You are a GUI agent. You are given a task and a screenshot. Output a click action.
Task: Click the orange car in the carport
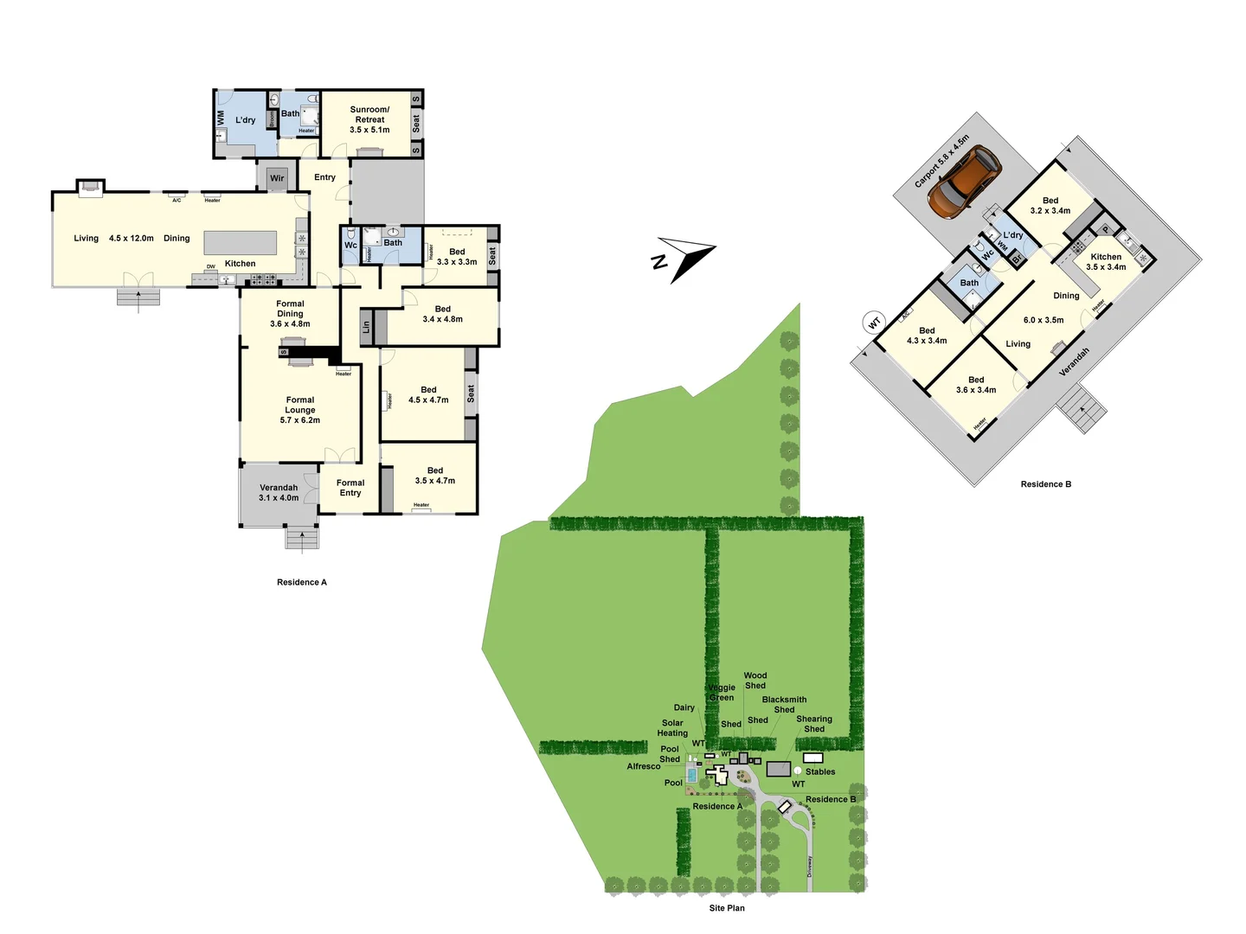pos(964,182)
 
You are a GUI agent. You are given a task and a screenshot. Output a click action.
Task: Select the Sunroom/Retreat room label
pos(369,119)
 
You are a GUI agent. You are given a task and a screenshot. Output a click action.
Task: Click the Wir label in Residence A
pos(277,178)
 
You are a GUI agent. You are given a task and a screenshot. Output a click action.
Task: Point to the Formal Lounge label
pos(300,410)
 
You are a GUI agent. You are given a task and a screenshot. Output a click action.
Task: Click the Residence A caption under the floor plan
pos(302,582)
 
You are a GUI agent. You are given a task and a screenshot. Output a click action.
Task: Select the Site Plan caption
pos(727,908)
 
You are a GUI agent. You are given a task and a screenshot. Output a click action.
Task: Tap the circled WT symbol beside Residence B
pos(874,323)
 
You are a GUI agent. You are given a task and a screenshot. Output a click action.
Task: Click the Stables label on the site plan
pos(820,771)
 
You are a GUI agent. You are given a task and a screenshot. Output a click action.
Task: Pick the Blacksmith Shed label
pos(784,705)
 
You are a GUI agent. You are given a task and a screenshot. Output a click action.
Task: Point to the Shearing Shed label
pos(814,724)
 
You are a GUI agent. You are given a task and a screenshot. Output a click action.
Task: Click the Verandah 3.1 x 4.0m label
pos(279,492)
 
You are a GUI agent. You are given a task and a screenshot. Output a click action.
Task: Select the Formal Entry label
pos(350,488)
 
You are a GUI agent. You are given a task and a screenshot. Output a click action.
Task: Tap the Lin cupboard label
pos(366,327)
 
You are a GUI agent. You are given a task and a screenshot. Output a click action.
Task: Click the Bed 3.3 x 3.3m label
pos(457,257)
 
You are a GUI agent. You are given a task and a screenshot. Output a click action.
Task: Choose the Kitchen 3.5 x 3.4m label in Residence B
pos(1106,262)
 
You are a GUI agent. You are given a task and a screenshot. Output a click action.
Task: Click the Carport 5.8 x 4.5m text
pos(942,162)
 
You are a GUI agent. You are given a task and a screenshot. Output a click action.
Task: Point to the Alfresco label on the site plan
pos(644,766)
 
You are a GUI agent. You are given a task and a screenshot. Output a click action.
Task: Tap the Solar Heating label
pos(672,728)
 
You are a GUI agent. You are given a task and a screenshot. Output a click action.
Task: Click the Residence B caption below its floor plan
pos(1045,484)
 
